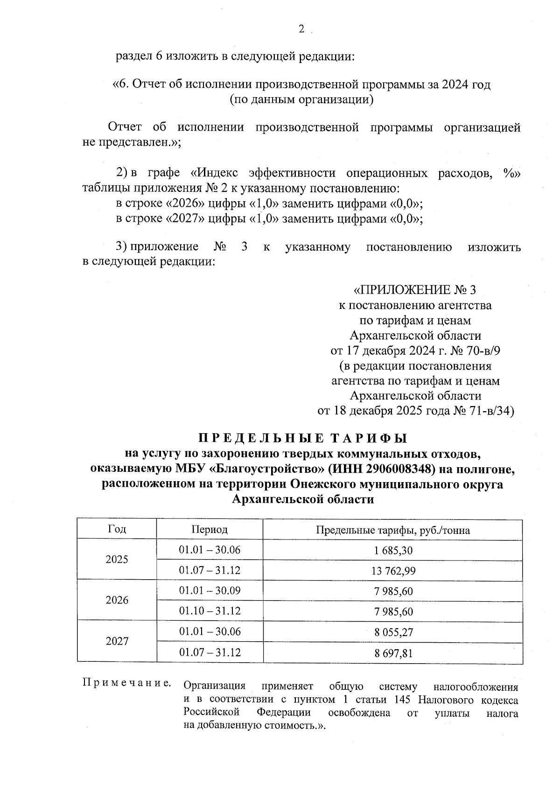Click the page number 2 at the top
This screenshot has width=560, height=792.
[x=301, y=29]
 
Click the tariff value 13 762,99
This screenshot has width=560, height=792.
[x=393, y=571]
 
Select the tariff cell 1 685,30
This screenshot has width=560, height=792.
[x=393, y=550]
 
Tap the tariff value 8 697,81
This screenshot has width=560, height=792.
[x=393, y=653]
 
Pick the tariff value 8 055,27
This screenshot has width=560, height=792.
[x=393, y=632]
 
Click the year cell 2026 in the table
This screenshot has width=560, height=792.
[x=117, y=600]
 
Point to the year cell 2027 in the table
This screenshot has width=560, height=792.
[x=117, y=641]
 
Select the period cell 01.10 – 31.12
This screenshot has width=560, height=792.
[x=210, y=611]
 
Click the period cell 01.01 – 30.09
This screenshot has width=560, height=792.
[x=210, y=590]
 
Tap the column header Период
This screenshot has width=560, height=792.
[x=210, y=530]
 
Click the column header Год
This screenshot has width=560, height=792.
[x=117, y=529]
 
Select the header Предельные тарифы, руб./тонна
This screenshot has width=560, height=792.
[x=393, y=530]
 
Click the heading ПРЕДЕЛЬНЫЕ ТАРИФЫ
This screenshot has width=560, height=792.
[x=303, y=439]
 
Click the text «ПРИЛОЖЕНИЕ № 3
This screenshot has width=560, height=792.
[x=415, y=290]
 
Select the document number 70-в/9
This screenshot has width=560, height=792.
[x=482, y=350]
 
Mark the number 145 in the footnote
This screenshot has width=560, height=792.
[x=402, y=700]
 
